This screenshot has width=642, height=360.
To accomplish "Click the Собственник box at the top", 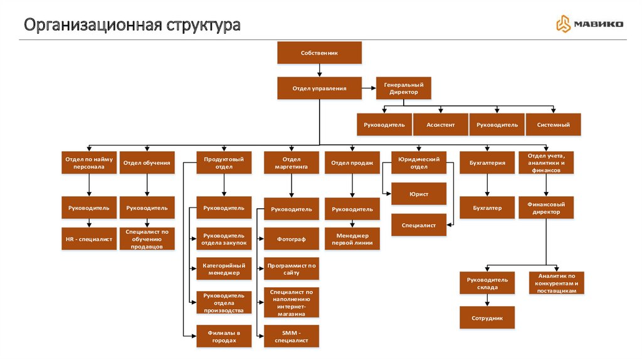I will (319, 53).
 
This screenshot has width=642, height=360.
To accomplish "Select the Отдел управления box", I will (319, 88).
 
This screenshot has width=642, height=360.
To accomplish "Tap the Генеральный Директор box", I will (403, 88).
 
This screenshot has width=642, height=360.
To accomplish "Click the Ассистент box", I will (441, 125).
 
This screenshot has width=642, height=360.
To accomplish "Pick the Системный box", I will (553, 125).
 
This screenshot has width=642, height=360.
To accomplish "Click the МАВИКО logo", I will (589, 24).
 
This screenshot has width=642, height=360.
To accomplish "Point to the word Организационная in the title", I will (92, 26).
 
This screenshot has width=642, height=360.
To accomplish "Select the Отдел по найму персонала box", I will (88, 163).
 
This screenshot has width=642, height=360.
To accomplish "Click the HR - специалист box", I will (88, 239).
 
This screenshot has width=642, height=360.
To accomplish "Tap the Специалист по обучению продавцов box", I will (147, 239).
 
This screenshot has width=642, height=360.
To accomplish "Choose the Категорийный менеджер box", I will (224, 269).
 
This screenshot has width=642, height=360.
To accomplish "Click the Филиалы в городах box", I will (224, 336).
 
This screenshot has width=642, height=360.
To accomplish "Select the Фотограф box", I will (291, 239).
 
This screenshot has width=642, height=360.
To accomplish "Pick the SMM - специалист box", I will (291, 336).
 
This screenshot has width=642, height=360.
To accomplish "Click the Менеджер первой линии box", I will (352, 239).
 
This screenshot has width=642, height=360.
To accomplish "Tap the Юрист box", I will (419, 194).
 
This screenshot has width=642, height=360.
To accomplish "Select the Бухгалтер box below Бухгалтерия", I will (487, 208).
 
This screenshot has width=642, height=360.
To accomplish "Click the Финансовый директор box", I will (545, 208).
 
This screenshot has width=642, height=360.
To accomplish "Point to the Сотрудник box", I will (487, 318).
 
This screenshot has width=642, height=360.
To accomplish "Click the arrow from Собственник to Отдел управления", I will (319, 70).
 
